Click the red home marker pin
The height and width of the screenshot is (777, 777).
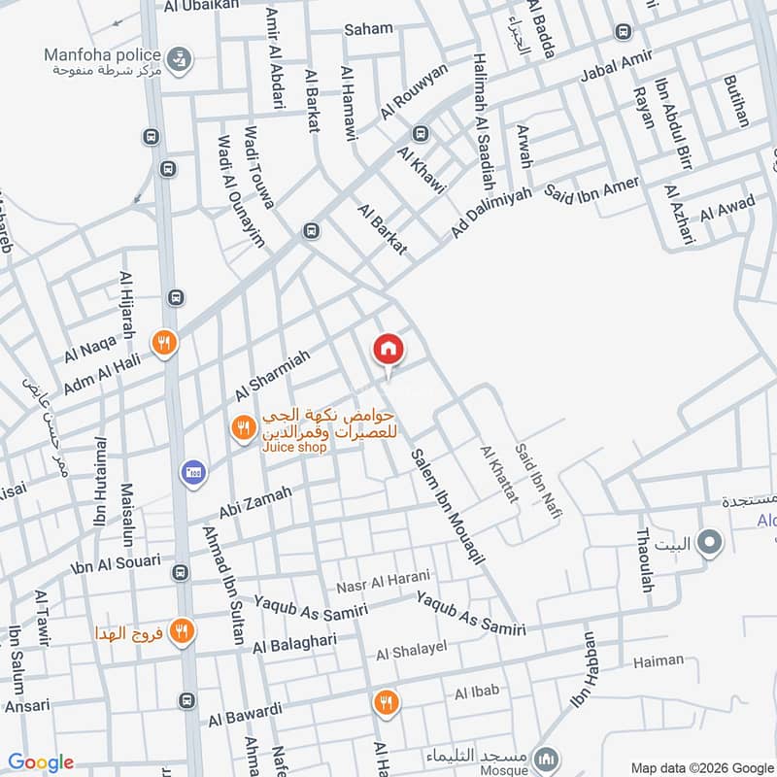coord(388,349)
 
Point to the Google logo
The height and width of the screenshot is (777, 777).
coord(41,762)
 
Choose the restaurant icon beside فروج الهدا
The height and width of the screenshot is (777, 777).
coord(180,632)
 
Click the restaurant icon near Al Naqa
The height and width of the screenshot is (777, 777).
coord(163,342)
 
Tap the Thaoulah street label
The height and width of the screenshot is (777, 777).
coord(643,561)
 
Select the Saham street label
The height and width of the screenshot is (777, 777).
coord(369,29)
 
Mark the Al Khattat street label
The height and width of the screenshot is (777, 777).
coord(499,474)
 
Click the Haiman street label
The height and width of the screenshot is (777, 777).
coord(658,661)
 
